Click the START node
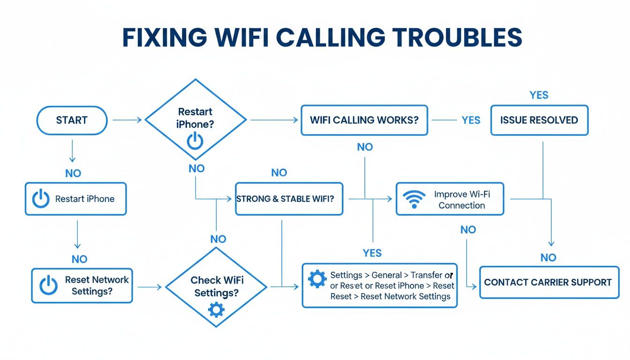(x=71, y=120)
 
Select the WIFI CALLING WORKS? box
(x=364, y=120)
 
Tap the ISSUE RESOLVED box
(x=539, y=120)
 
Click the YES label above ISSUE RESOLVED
(x=539, y=95)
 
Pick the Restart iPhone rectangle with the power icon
(x=75, y=199)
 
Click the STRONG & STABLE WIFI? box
(x=289, y=199)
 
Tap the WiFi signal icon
(x=414, y=199)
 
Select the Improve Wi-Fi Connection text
(x=462, y=200)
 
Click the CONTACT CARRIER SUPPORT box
(x=548, y=283)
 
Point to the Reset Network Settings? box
(x=82, y=285)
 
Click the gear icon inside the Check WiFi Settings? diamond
(x=216, y=310)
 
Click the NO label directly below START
(x=73, y=173)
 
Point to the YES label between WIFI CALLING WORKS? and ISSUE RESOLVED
(x=471, y=120)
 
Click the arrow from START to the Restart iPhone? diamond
(x=127, y=120)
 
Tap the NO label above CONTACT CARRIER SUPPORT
(x=548, y=257)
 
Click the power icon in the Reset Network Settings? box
(x=48, y=285)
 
